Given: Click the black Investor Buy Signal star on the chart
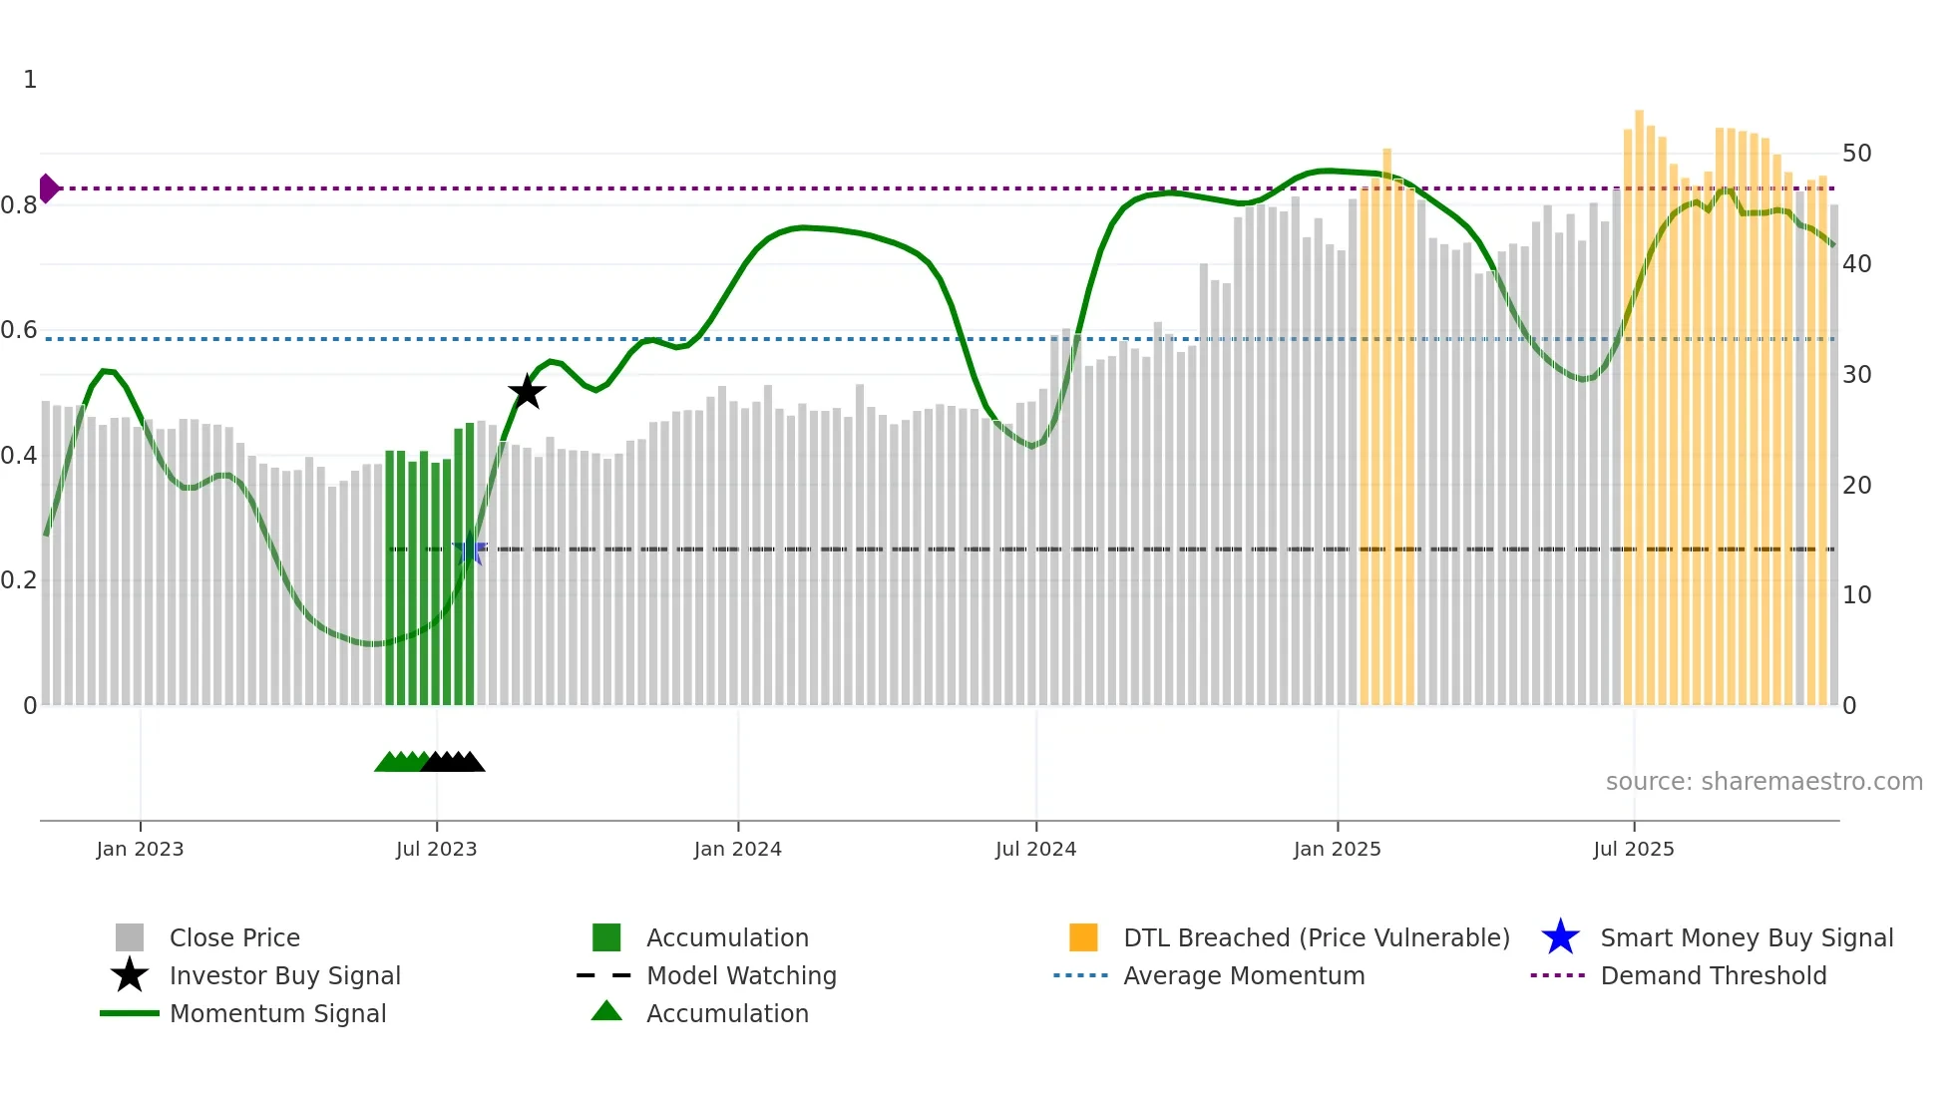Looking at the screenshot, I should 527,392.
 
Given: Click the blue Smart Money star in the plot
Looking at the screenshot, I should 470,549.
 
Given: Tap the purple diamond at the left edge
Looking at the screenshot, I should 48,187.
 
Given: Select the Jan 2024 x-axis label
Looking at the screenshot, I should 737,849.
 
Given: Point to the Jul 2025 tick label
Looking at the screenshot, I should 1633,849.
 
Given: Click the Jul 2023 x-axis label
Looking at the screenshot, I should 436,849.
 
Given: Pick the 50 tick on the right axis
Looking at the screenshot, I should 1856,154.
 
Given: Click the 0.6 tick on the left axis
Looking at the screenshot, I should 19,330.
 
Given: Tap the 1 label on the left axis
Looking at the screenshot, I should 30,80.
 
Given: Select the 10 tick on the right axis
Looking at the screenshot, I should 1856,595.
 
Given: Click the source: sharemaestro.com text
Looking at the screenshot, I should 1763,782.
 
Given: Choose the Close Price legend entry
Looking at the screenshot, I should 233,937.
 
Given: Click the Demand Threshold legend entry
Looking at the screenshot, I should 1713,975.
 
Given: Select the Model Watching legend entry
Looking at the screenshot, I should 740,975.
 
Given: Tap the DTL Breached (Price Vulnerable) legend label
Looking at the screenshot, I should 1316,937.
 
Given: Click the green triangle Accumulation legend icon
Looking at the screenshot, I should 606,1011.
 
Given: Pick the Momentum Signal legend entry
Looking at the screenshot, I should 277,1013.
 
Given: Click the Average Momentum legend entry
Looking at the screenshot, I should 1243,975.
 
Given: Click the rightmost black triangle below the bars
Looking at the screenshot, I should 472,763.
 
